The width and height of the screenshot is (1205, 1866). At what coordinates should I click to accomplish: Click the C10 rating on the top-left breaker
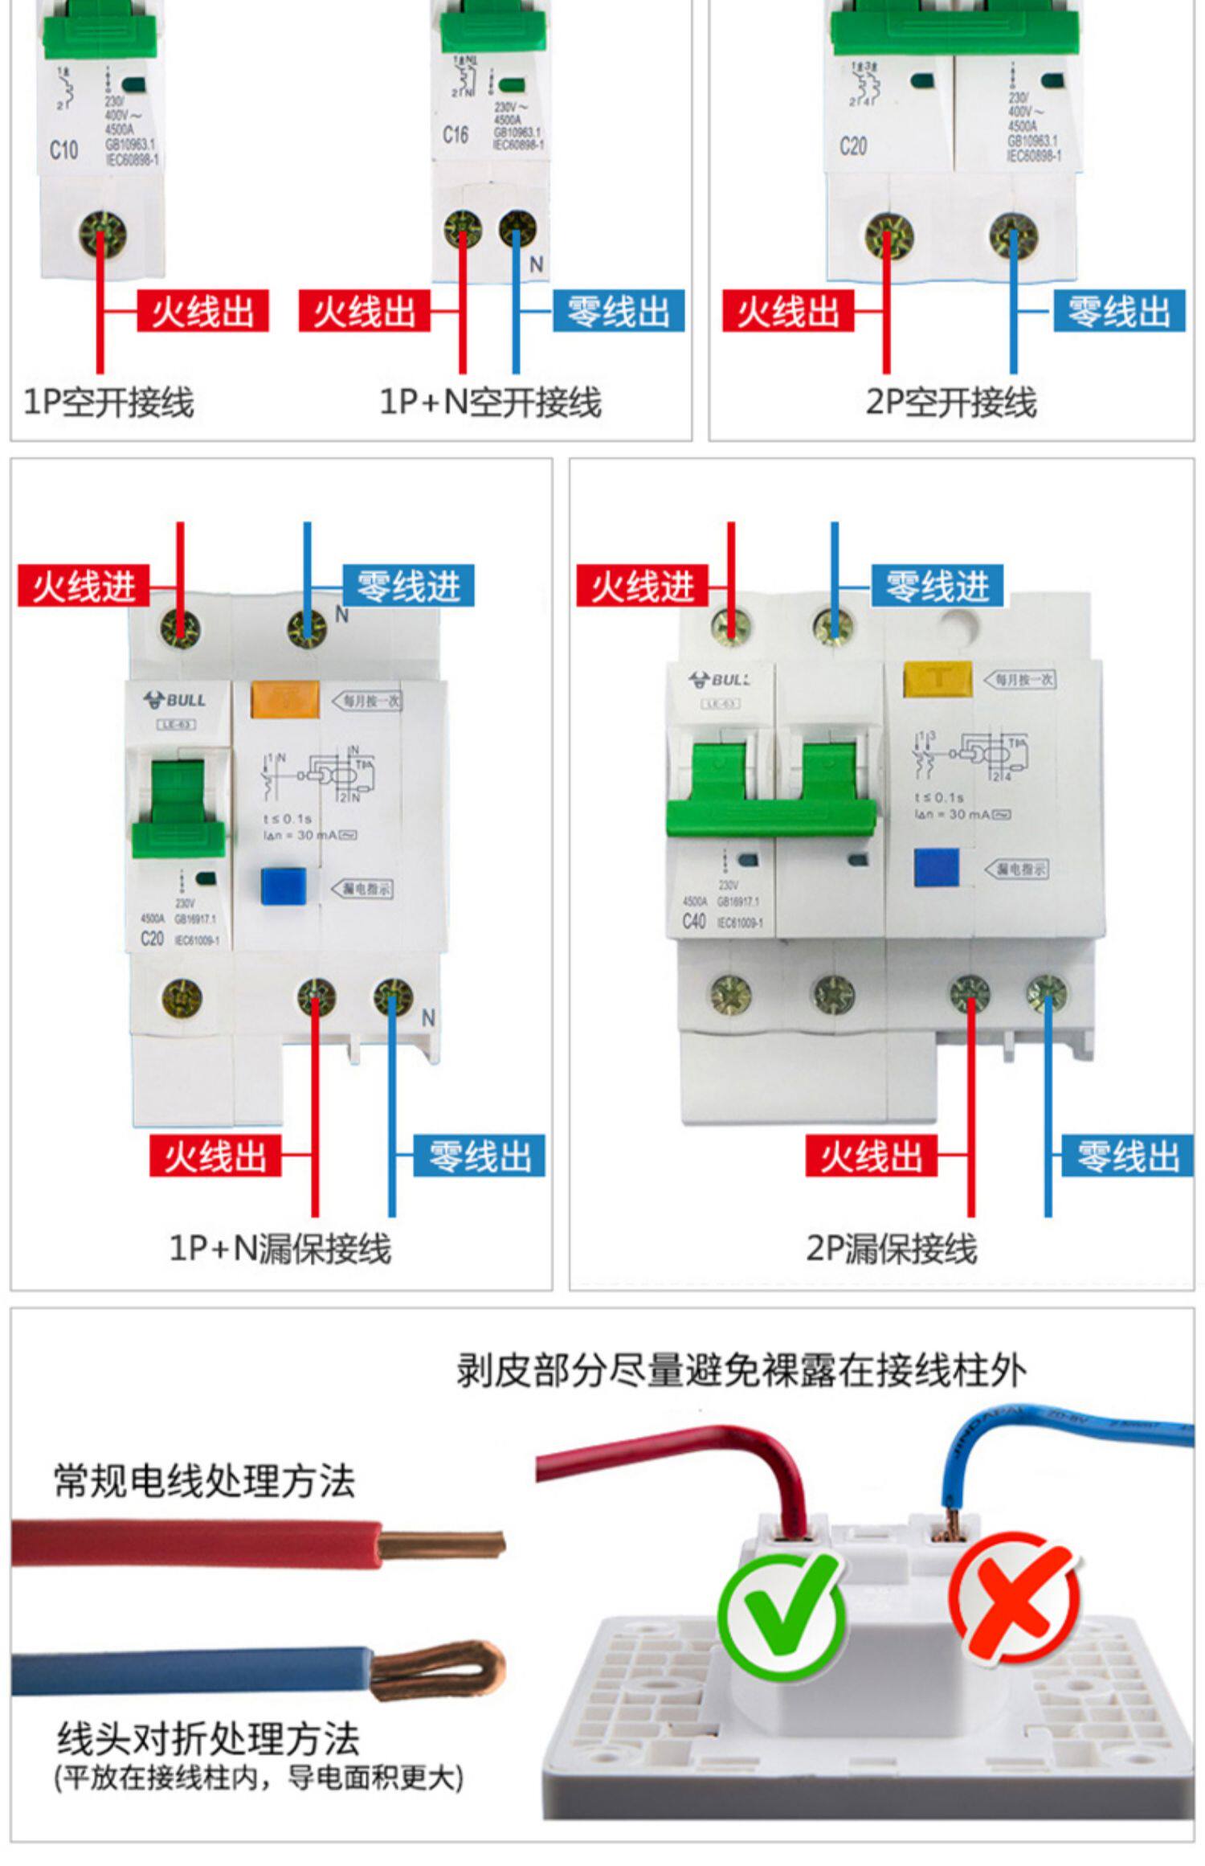coord(64,149)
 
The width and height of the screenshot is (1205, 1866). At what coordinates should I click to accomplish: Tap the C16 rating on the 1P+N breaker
coord(455,134)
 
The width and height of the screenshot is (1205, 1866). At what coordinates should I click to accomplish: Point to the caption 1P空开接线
coord(108,402)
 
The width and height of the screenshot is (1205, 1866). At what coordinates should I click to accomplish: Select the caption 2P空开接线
coord(950,402)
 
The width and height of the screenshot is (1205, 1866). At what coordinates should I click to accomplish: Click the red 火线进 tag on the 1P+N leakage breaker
coord(83,586)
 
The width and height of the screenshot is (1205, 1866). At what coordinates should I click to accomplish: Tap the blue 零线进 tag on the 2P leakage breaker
coord(937,586)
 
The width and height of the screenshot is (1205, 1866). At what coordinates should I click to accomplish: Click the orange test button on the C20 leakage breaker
coord(285,699)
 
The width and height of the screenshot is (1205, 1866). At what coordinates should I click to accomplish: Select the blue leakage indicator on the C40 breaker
coord(937,868)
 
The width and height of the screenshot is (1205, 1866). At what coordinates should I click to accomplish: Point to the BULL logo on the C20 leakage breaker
coord(174,700)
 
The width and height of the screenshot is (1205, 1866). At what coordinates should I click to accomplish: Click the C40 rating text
coord(694,921)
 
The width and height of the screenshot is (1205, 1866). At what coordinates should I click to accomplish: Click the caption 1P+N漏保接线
coord(280,1248)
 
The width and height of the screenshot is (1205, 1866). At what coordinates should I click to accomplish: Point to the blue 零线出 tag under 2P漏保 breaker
coord(1128,1156)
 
